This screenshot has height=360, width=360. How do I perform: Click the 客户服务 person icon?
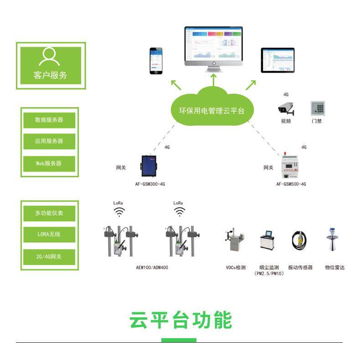50,57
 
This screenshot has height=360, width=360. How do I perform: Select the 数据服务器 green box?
49,120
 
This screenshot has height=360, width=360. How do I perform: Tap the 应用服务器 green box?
49,141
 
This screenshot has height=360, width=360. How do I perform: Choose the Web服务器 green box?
49,163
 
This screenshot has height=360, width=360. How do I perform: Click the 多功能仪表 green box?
49,213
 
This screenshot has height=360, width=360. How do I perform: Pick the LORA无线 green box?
49,234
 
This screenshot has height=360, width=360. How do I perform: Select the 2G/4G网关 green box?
49,257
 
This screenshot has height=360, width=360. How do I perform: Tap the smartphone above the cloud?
157,61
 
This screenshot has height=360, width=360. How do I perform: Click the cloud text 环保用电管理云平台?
211,111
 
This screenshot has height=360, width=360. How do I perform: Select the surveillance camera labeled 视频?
286,108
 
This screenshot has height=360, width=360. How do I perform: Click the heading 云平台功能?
180,320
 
